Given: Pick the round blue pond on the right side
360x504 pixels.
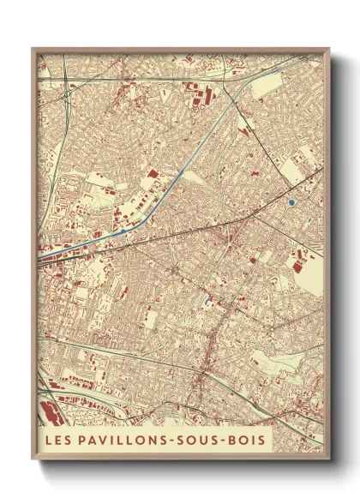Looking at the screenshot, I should click(292, 202).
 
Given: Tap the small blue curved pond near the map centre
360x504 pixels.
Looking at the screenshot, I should click(207, 301).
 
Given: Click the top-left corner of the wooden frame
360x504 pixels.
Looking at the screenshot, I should click(33, 49).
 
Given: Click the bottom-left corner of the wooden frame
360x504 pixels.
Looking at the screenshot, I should click(33, 453).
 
